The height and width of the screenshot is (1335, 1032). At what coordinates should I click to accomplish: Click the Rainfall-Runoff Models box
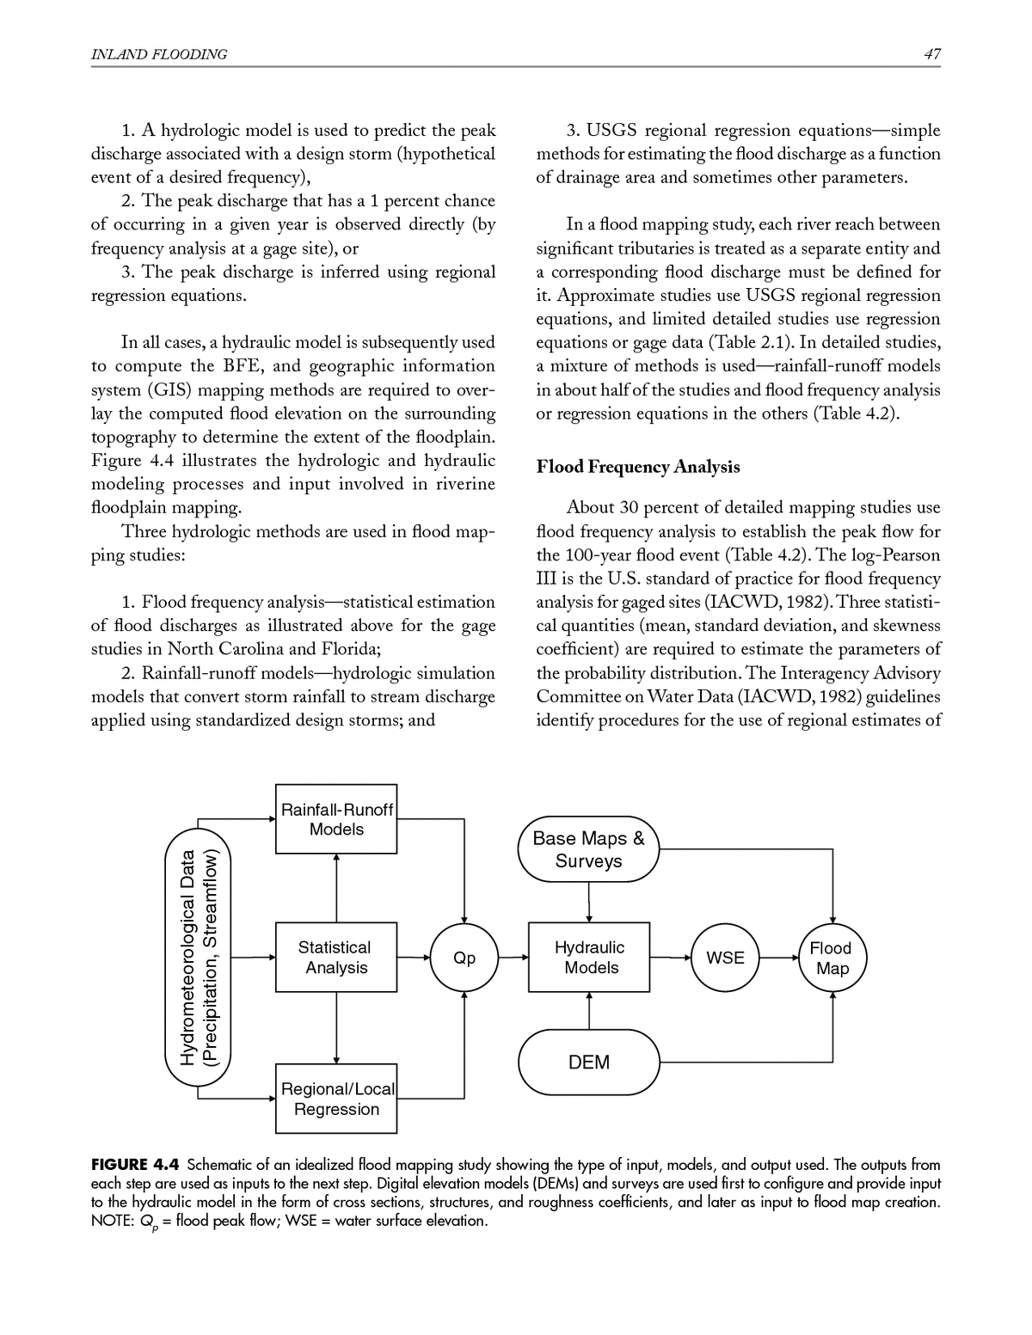click(336, 818)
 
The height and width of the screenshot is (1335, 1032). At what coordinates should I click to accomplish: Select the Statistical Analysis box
click(336, 957)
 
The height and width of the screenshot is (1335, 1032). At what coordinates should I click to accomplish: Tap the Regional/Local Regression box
click(336, 1099)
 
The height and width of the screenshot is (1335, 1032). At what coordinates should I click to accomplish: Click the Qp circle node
click(464, 957)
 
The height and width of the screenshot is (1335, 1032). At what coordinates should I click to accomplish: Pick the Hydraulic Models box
click(589, 957)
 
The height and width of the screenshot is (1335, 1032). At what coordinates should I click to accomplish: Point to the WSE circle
click(725, 957)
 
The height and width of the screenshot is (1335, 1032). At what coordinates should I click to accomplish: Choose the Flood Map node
click(832, 958)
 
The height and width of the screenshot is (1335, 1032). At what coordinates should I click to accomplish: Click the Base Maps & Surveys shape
click(588, 849)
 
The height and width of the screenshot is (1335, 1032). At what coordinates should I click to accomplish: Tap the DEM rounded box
click(589, 1062)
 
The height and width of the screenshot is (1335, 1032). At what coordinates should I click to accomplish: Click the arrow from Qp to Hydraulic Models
click(513, 957)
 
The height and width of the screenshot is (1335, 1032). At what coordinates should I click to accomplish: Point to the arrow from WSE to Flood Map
click(778, 957)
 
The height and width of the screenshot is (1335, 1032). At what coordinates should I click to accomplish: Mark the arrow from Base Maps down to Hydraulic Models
click(589, 902)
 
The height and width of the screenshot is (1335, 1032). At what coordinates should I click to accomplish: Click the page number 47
click(932, 54)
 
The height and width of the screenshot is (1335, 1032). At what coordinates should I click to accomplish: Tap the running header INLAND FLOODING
click(159, 54)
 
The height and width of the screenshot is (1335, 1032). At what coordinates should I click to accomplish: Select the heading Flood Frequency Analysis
click(637, 467)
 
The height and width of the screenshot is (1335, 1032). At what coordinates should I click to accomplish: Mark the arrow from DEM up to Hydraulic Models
click(589, 1011)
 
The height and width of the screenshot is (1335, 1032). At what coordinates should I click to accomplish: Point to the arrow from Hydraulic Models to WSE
click(671, 957)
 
